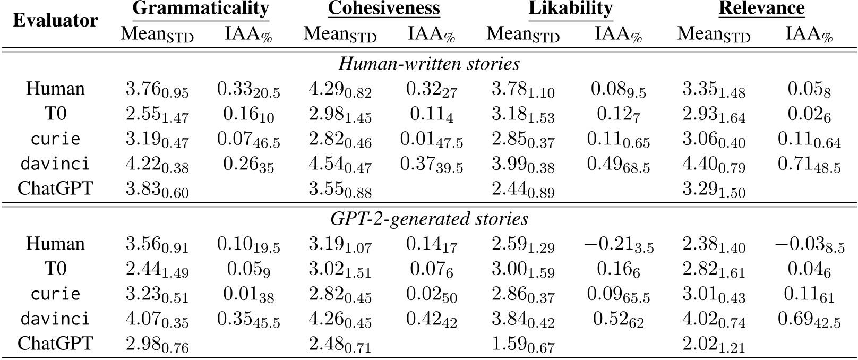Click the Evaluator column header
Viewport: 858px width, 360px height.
55,21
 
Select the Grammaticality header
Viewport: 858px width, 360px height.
201,9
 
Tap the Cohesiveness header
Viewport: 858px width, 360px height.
384,9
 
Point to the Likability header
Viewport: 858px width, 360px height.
570,9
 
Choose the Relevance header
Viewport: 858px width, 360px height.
761,9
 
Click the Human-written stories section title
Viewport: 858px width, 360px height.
429,64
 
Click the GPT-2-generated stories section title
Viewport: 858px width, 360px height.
429,219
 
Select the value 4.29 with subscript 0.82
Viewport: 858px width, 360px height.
340,90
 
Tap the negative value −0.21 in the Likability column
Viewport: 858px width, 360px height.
619,245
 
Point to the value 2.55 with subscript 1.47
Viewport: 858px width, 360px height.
157,115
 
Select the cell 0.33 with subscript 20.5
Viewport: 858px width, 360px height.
248,90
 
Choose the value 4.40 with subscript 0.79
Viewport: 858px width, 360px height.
714,165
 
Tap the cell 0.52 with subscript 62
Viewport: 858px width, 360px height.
619,320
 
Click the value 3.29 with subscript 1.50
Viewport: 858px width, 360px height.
714,190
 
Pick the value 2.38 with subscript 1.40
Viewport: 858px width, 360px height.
714,245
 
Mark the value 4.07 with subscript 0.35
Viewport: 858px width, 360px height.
157,320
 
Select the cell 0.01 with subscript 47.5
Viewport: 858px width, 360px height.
431,141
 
